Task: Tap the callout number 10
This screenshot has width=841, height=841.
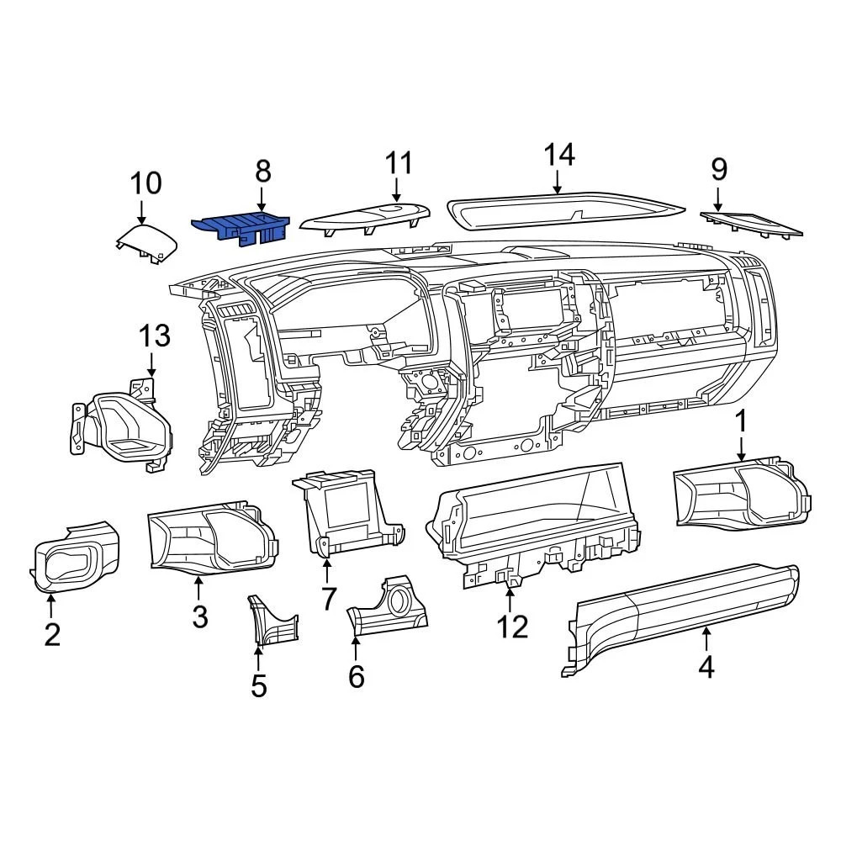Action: pyautogui.click(x=145, y=182)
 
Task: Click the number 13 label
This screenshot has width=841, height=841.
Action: pyautogui.click(x=155, y=336)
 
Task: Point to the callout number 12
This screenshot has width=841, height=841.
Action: pyautogui.click(x=511, y=627)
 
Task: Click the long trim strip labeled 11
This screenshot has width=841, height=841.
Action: pyautogui.click(x=366, y=218)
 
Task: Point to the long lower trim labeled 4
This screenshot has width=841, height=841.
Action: pyautogui.click(x=681, y=618)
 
